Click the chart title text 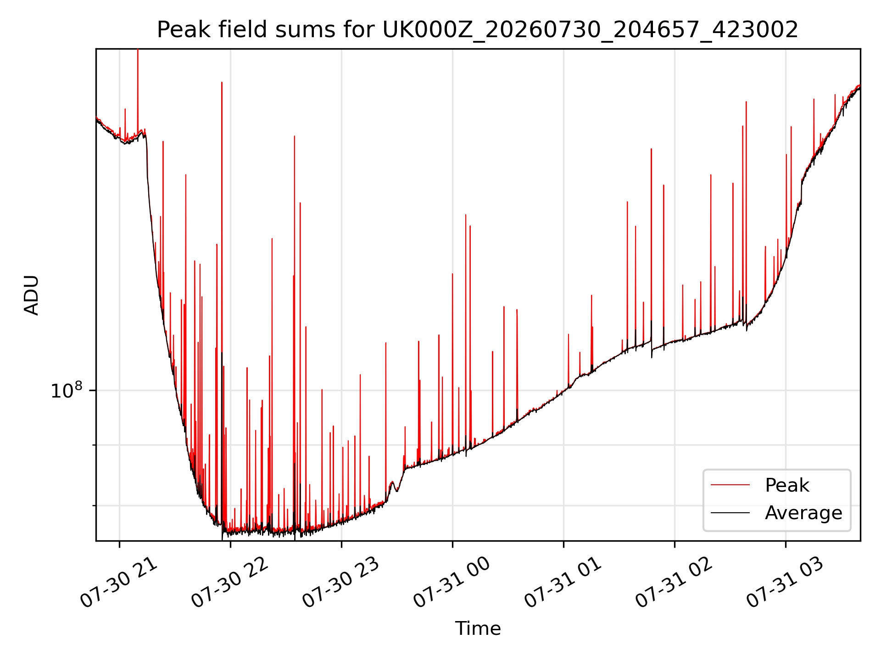point(478,30)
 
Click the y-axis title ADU point(32,295)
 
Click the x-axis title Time point(478,628)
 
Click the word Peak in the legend point(787,485)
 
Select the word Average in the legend point(803,513)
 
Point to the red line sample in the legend point(730,485)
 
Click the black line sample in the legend point(730,513)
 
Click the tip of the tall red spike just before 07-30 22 point(222,83)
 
